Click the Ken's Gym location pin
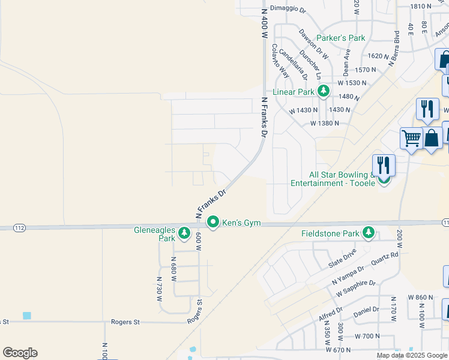pos(213,223)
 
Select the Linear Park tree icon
pos(324,91)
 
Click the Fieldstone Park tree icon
pos(368,233)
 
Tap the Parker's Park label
pos(341,38)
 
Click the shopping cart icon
pos(411,138)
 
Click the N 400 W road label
pos(263,25)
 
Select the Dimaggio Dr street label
pos(288,10)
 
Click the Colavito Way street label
pos(280,61)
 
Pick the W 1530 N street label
pos(356,83)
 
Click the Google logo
pos(20,353)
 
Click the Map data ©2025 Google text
pos(411,355)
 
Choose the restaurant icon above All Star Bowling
pos(384,165)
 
